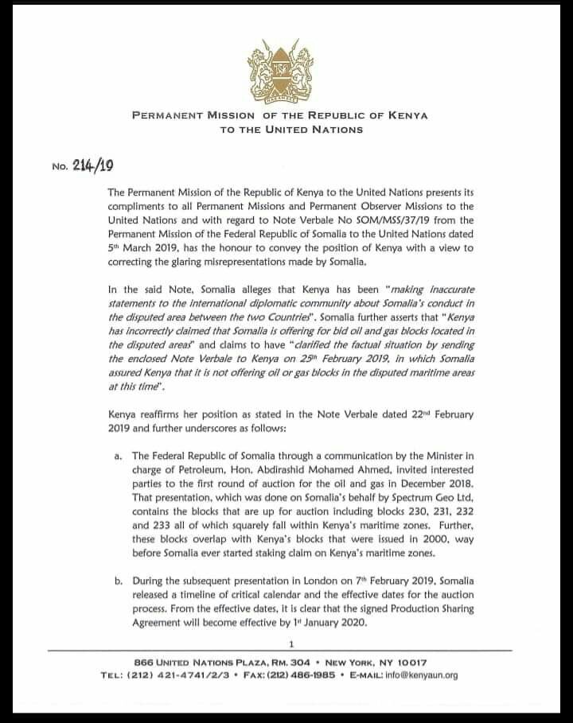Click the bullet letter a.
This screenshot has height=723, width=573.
(x=119, y=456)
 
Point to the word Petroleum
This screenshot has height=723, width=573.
(x=203, y=469)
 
